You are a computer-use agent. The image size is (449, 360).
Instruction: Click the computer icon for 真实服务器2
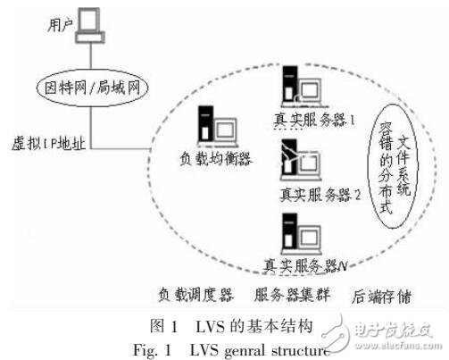[293, 165]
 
